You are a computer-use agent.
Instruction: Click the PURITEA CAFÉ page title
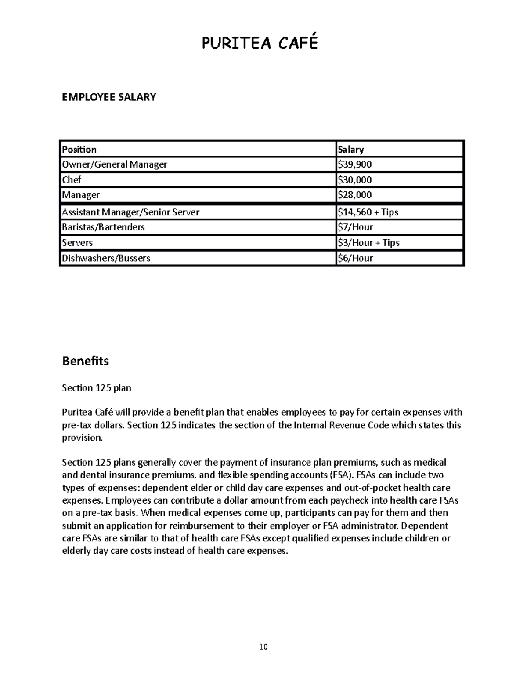tap(260, 43)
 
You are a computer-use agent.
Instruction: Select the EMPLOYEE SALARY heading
tap(109, 97)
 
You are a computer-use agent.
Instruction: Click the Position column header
tap(79, 150)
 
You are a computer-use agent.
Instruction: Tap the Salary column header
tap(350, 150)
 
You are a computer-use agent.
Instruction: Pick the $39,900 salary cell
tap(354, 164)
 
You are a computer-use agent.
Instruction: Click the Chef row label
tap(72, 180)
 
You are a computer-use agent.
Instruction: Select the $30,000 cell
tap(354, 180)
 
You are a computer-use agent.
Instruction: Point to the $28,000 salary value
tap(354, 195)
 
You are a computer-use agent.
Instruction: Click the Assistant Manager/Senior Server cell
tap(131, 212)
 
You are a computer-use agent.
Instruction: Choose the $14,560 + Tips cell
tap(368, 212)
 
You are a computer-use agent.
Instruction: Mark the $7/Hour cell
tap(355, 227)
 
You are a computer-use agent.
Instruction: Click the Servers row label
tap(77, 243)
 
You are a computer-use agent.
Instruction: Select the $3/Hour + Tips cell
tap(368, 243)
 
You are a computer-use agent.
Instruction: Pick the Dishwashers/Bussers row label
tap(106, 258)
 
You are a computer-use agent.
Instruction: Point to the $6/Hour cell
tap(355, 258)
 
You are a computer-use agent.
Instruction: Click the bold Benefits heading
tap(85, 361)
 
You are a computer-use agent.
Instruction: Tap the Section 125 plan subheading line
tap(97, 388)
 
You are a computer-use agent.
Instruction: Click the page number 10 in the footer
tap(263, 646)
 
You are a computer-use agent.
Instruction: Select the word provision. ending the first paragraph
tap(82, 438)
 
